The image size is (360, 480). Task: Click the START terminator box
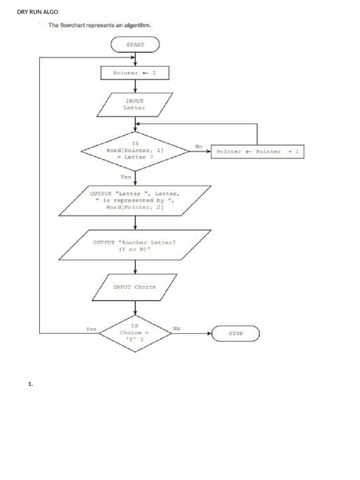[x=135, y=45]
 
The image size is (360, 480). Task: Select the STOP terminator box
[x=235, y=333]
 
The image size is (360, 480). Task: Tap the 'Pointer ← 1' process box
[x=135, y=73]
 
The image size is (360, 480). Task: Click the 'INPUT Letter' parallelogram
[x=135, y=104]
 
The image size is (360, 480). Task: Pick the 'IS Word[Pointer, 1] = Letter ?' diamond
[x=135, y=151]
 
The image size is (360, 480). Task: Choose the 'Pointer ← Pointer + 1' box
[x=257, y=151]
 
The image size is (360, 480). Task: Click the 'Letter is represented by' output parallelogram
[x=135, y=200]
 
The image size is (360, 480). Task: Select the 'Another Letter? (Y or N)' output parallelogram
[x=135, y=245]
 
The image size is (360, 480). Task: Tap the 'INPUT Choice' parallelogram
[x=135, y=287]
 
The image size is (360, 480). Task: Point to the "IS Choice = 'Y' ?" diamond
[x=135, y=332]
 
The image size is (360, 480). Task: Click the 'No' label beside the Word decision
[x=199, y=147]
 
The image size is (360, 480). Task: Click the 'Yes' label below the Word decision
[x=126, y=177]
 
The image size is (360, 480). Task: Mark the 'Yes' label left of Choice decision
[x=91, y=329]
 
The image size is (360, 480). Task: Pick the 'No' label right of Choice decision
[x=176, y=329]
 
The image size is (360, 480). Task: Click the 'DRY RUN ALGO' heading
[x=37, y=12]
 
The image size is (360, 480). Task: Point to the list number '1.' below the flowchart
[x=30, y=384]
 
